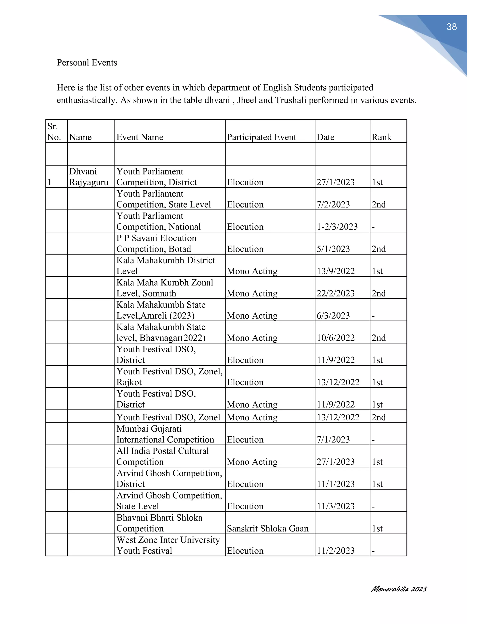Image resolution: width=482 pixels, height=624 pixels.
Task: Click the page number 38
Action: click(451, 27)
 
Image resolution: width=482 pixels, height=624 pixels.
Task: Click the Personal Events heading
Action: click(87, 63)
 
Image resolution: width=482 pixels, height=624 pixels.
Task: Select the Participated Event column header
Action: click(261, 137)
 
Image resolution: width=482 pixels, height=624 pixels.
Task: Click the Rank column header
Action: click(381, 137)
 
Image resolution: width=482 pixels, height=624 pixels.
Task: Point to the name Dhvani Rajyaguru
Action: click(88, 177)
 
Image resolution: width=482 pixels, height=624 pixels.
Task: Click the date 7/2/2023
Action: click(333, 205)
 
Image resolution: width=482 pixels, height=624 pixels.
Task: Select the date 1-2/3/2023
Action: click(337, 227)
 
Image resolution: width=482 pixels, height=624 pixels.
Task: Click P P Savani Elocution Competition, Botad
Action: click(156, 243)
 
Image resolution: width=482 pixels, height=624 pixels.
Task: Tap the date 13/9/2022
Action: click(336, 271)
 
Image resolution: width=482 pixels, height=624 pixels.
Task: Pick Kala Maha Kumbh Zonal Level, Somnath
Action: click(165, 288)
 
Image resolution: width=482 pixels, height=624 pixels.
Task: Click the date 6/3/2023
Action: click(333, 316)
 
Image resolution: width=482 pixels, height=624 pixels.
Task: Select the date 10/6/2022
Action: click(336, 338)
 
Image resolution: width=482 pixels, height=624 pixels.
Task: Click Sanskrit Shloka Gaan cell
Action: click(268, 529)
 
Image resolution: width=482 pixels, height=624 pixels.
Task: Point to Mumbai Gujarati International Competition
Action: click(165, 434)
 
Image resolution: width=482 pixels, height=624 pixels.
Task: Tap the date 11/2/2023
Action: click(336, 551)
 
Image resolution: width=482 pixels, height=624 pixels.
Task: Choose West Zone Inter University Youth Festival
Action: click(168, 545)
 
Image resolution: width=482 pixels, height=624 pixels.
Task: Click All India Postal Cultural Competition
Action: click(162, 456)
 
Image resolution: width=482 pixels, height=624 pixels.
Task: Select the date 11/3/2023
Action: click(336, 506)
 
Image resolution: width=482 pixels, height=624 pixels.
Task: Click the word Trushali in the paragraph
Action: click(291, 100)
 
